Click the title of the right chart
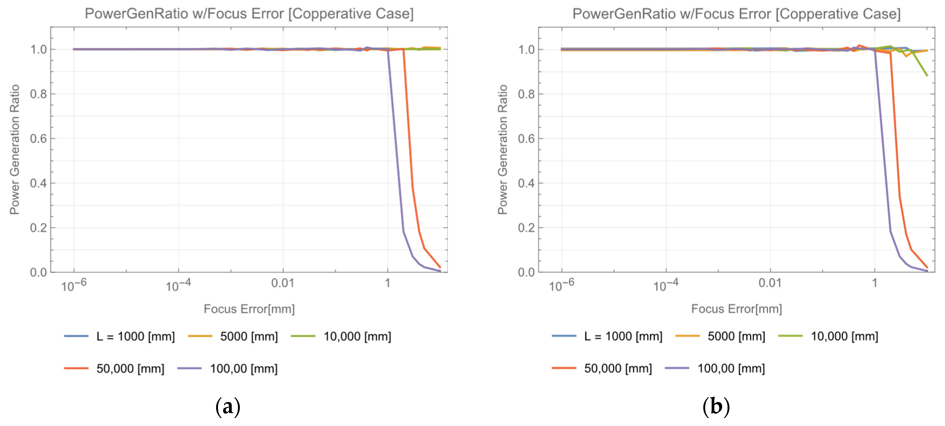pos(736,14)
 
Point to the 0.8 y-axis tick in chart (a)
pos(39,94)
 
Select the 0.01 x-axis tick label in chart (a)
pos(282,283)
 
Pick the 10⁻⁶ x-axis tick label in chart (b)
pos(561,285)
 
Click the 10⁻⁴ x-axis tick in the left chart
pos(178,285)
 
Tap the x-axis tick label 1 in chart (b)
pos(875,283)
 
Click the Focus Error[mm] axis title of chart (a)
pos(249,309)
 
